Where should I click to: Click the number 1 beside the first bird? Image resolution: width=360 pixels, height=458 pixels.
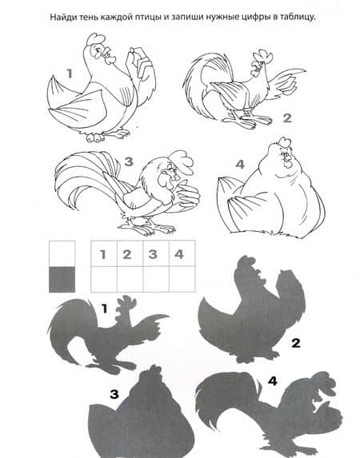point(70,74)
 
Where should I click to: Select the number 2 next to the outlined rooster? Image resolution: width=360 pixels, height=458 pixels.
point(287,118)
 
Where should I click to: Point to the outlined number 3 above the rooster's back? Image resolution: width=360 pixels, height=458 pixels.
point(129,161)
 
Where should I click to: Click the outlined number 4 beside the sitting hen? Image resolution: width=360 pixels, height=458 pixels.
point(240,165)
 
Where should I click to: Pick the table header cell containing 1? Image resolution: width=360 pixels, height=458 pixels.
point(104,253)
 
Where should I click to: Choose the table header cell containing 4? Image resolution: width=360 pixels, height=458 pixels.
point(182,253)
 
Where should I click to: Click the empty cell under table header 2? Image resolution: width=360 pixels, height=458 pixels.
point(130,279)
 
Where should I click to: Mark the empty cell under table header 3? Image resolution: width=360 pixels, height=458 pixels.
point(156,279)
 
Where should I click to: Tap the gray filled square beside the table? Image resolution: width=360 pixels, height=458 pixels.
point(62,279)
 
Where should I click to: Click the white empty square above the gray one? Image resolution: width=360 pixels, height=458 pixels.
point(62,253)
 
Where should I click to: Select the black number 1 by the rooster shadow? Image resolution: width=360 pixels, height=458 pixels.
point(105,309)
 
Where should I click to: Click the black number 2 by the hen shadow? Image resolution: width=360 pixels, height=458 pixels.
point(296,343)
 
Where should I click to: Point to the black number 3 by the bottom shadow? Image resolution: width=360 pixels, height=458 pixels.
point(114,394)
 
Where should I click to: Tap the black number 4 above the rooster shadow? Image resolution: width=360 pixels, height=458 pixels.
point(272,381)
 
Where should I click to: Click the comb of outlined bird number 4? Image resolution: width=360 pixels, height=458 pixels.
point(285,142)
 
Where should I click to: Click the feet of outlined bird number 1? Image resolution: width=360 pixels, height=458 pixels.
point(108,136)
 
